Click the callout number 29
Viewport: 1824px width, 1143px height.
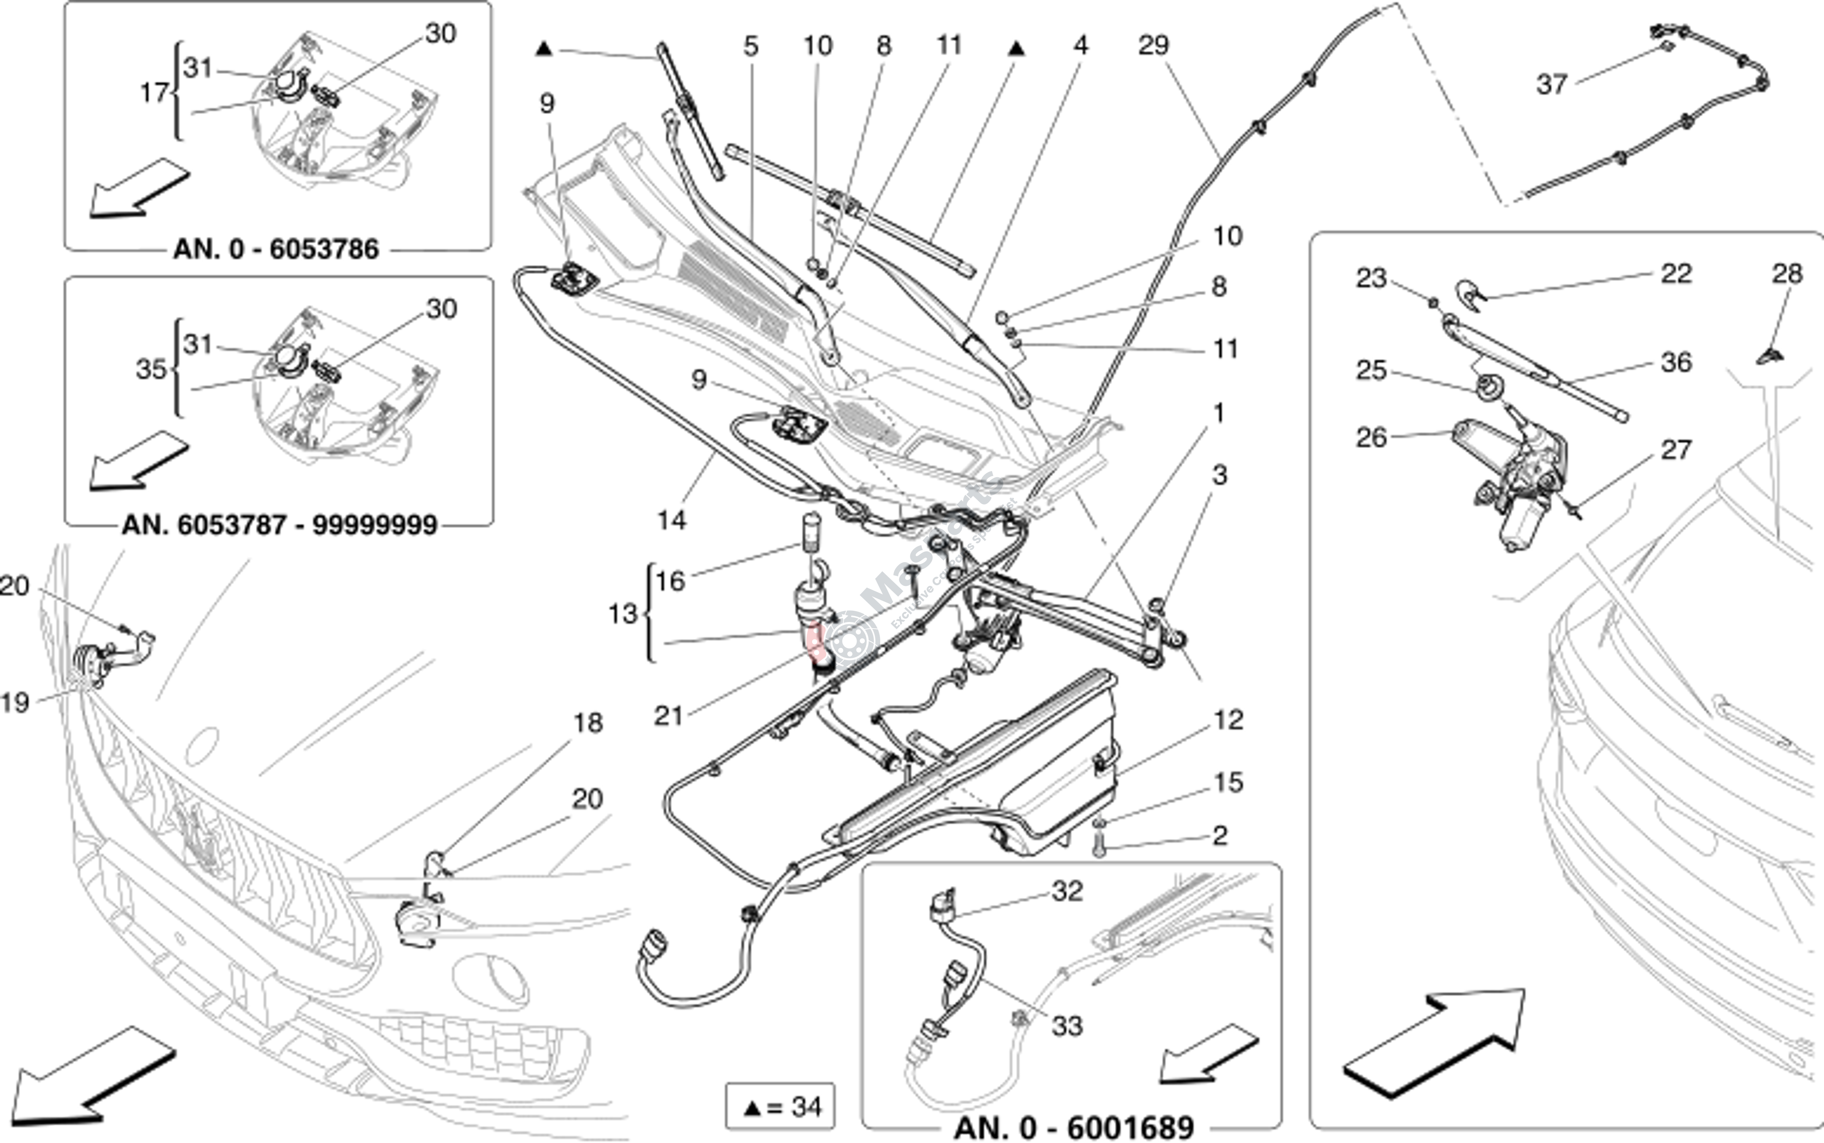1153,45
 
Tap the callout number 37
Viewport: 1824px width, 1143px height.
1551,84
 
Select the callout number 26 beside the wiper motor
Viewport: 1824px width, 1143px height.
1371,437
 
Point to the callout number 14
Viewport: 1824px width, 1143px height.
672,520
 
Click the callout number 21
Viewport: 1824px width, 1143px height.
669,715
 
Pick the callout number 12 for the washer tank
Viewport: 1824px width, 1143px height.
1228,720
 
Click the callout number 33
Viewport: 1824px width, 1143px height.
1067,1026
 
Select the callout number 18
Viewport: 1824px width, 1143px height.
588,723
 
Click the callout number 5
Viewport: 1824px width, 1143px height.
750,46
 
